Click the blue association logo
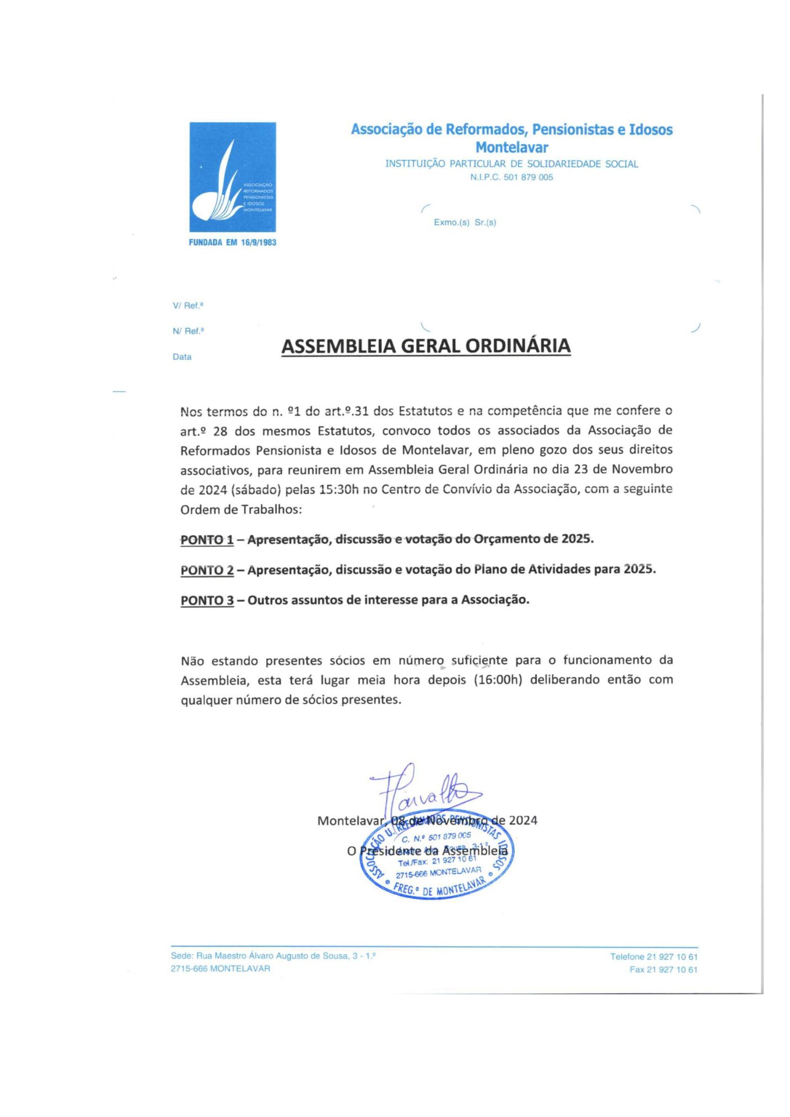click(232, 177)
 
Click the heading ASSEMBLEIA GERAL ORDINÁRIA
click(426, 346)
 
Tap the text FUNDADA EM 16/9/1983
click(232, 243)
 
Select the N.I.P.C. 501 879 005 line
click(511, 177)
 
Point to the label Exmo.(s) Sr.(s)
click(465, 222)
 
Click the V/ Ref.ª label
click(187, 305)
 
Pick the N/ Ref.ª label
click(187, 331)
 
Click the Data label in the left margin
click(182, 357)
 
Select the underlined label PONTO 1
click(207, 540)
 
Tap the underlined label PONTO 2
click(207, 570)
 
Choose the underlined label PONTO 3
click(207, 600)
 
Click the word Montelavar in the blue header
click(511, 147)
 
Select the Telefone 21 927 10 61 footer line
click(653, 956)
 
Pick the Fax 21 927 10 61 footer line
click(663, 969)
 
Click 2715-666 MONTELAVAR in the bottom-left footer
click(220, 969)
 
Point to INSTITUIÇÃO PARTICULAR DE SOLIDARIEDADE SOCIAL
click(511, 164)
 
